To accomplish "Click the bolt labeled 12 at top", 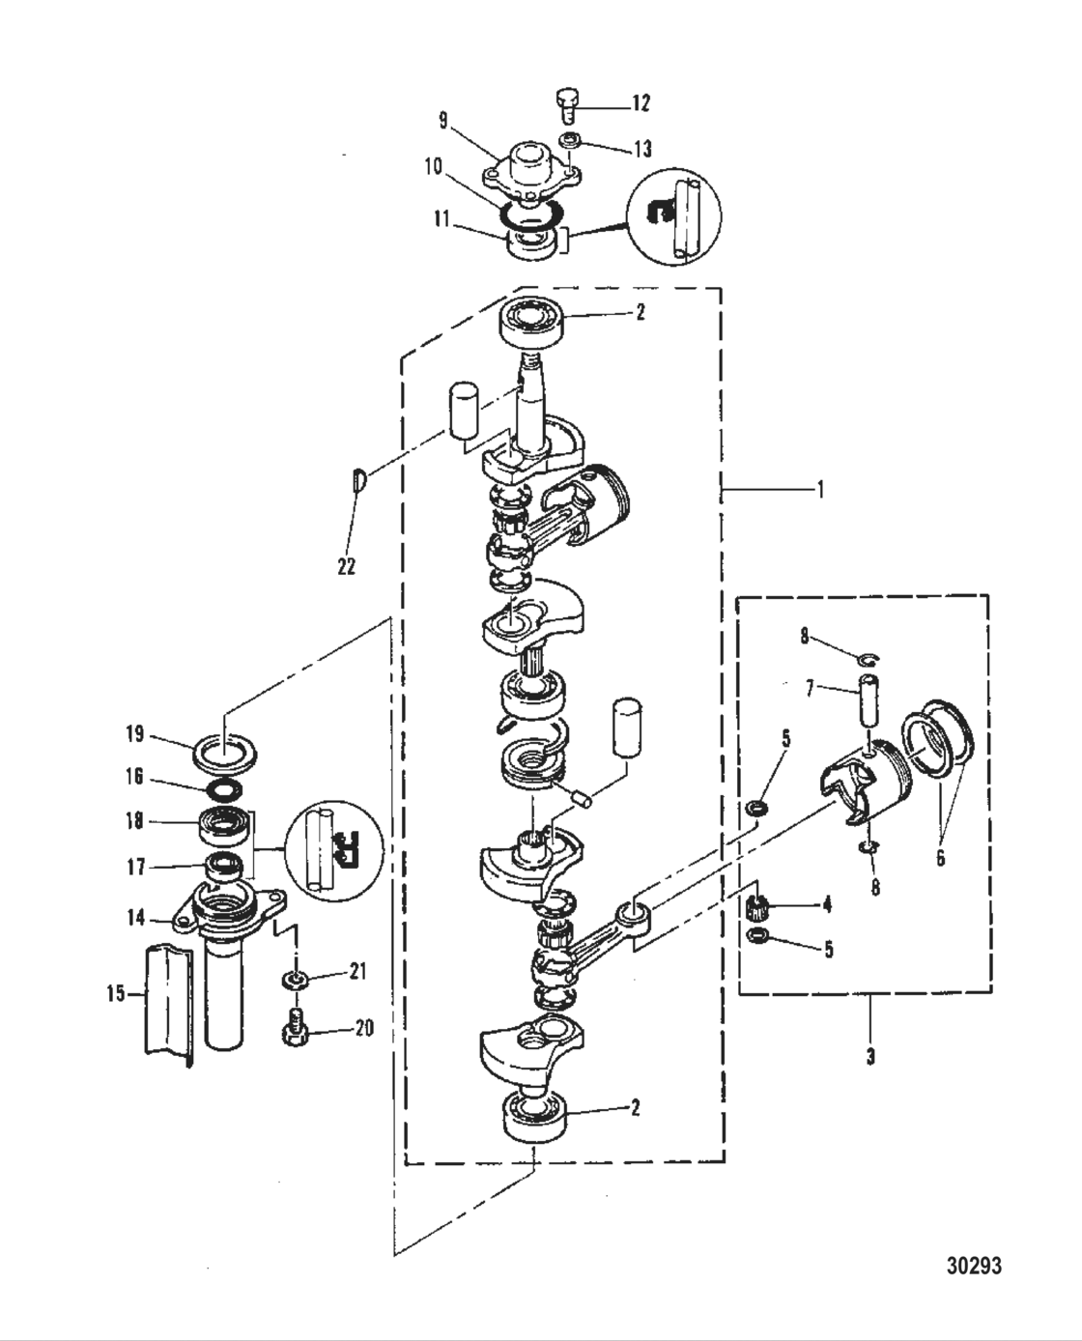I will coord(568,101).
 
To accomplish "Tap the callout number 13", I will coord(641,148).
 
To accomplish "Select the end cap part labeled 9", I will coord(526,167).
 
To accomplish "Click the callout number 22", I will coord(346,565).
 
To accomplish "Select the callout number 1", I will coord(820,490).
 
